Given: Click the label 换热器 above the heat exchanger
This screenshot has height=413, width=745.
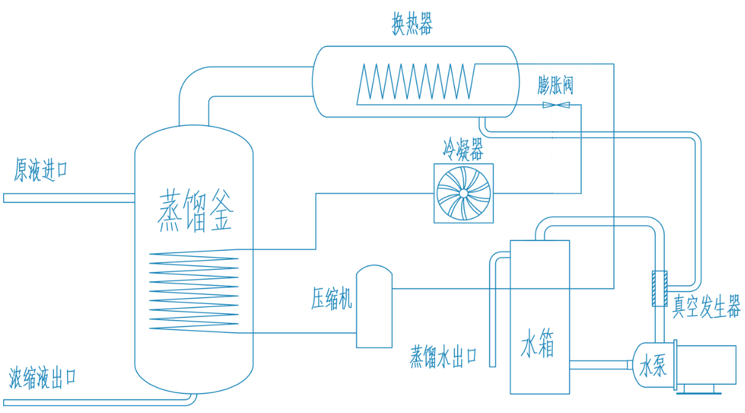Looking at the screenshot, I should (412, 24).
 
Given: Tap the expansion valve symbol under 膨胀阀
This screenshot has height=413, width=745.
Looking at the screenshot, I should (556, 105).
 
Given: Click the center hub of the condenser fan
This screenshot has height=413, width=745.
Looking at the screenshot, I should (463, 193).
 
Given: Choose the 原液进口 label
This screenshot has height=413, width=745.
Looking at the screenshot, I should (41, 170).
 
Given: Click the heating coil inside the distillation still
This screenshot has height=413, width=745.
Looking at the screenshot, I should (194, 291).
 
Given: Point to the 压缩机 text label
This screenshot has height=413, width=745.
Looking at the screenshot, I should (331, 300).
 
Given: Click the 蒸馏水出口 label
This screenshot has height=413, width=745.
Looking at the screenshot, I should (443, 357).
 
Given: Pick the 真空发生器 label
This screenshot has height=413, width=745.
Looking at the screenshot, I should (707, 306).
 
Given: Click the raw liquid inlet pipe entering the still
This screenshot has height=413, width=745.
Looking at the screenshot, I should (68, 198).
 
